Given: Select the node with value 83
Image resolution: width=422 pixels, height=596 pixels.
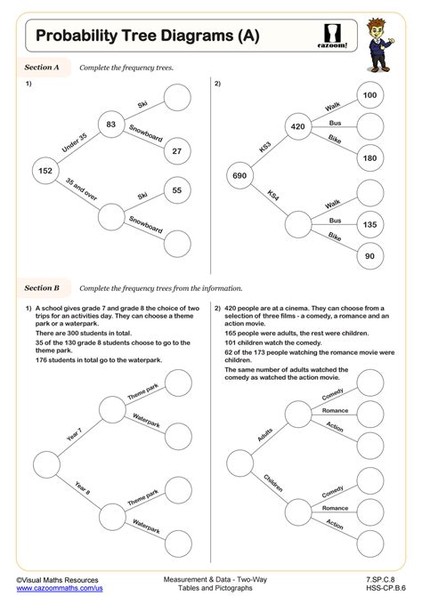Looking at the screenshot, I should pos(110,125).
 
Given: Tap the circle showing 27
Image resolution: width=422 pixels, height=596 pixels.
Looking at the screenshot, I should pos(177,151).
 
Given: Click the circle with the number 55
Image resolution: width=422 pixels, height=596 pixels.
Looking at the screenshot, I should pos(177,190).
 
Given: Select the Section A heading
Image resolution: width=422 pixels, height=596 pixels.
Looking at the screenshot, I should pos(41,67).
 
